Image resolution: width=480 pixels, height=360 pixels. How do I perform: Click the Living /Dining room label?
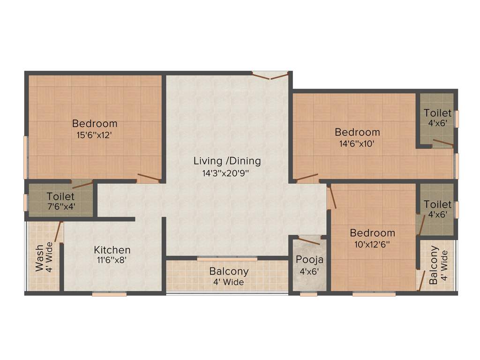(227, 161)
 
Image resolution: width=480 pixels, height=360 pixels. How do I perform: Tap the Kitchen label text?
(112, 249)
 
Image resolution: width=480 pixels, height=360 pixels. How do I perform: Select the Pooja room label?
(309, 260)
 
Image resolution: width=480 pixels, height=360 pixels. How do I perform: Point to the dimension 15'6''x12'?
(95, 135)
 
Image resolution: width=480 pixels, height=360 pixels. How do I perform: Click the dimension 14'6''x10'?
(357, 143)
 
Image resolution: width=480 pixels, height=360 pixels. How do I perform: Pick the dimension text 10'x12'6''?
(373, 244)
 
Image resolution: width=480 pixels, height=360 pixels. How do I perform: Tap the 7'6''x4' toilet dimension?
(61, 206)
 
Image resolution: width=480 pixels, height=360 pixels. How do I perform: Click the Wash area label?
(40, 257)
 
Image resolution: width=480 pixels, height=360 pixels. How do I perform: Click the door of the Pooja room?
(309, 241)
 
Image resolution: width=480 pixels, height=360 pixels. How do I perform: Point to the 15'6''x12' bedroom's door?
(149, 178)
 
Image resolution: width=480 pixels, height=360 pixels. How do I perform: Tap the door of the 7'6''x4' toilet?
(82, 184)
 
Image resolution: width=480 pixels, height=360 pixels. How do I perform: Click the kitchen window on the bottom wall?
(109, 294)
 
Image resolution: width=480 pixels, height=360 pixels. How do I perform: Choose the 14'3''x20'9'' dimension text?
(227, 172)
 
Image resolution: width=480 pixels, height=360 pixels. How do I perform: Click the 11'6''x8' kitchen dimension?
(112, 260)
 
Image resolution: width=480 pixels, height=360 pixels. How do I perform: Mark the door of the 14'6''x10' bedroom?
(307, 178)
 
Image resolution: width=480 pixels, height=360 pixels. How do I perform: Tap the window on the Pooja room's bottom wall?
(308, 294)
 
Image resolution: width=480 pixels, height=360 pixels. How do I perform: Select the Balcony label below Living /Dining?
(229, 271)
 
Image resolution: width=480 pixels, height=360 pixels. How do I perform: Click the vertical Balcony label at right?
(434, 265)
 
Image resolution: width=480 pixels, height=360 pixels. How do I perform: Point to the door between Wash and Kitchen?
(59, 232)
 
